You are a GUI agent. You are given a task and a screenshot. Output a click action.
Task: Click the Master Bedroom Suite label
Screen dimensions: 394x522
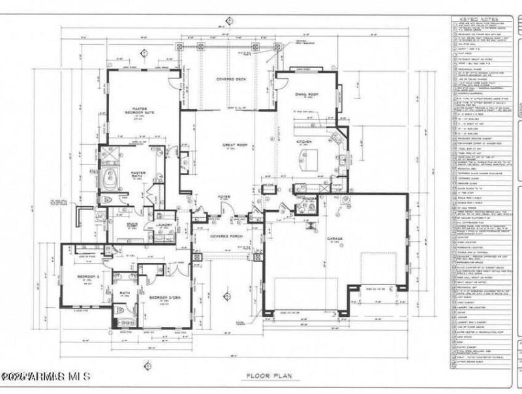pyautogui.click(x=142, y=111)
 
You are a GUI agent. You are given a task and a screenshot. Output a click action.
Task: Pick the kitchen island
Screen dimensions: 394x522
pyautogui.click(x=307, y=158)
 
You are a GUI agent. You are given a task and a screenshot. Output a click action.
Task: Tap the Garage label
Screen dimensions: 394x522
pyautogui.click(x=335, y=239)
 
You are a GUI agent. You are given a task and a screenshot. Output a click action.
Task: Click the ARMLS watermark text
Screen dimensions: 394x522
pyautogui.click(x=46, y=377)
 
